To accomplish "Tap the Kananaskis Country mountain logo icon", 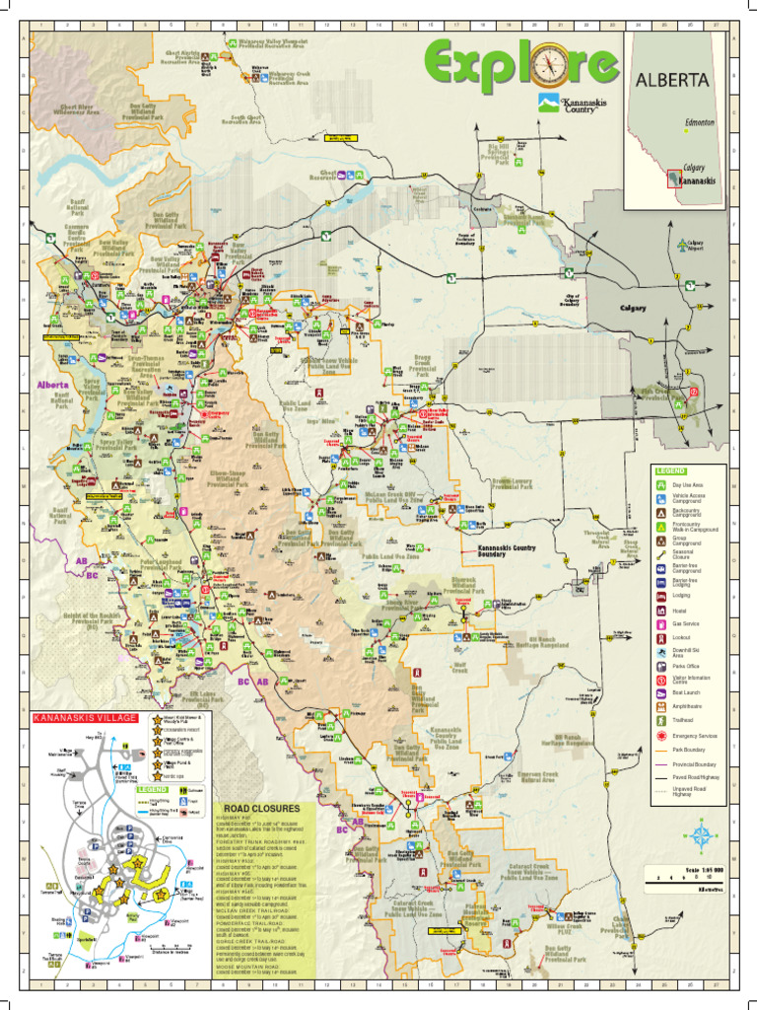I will coord(547,102).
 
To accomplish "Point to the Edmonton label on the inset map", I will coord(699,121).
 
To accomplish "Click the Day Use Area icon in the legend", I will coord(660,485).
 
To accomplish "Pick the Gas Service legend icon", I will coord(660,623).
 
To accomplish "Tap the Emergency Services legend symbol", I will coord(660,736).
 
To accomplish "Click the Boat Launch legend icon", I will coord(660,693).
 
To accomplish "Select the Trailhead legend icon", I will coord(660,721).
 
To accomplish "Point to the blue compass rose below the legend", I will coord(701,837).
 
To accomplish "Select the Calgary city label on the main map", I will coord(632,308).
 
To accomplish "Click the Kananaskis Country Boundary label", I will coord(507,550).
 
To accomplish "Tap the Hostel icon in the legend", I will coord(660,611).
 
